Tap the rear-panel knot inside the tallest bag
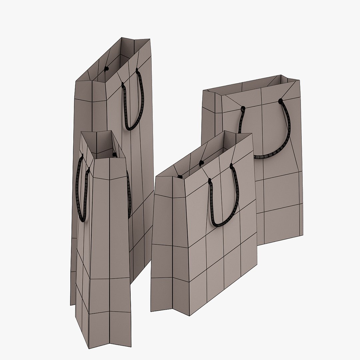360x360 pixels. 107,69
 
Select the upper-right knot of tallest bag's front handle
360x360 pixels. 137,70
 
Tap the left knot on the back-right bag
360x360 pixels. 243,108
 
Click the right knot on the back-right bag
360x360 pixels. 280,100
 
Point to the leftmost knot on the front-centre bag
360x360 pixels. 180,176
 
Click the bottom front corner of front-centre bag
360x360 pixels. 190,315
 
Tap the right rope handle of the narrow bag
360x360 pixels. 129,193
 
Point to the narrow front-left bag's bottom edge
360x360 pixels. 103,333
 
